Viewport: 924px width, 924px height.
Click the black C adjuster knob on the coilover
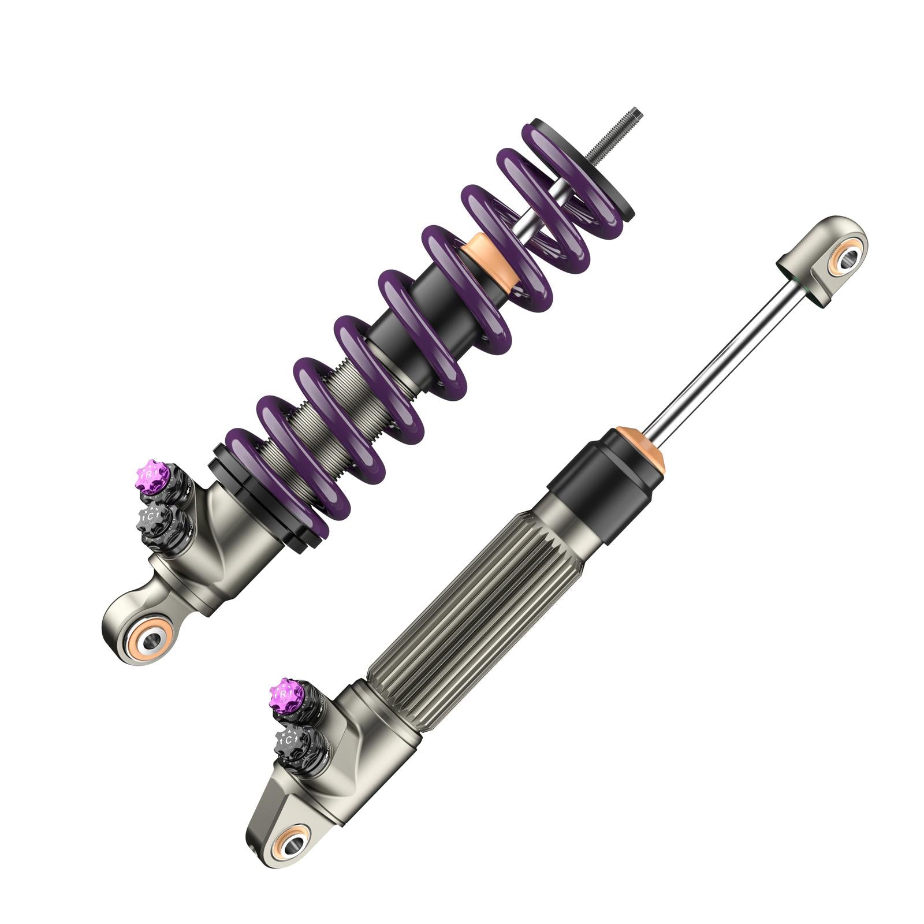tap(152, 516)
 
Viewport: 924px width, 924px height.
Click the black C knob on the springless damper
tap(288, 739)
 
